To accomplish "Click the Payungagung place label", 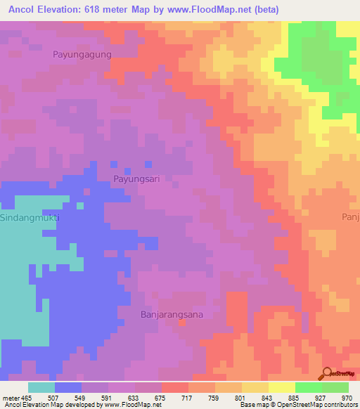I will tap(82, 53).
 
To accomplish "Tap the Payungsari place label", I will tap(136, 179).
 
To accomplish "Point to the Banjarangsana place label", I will tap(172, 315).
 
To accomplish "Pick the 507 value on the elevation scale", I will tap(54, 398).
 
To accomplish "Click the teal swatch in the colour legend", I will tap(41, 387).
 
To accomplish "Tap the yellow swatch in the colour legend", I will tap(282, 387).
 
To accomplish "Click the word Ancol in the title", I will tap(22, 10).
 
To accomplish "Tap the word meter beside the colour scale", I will tap(10, 398).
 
